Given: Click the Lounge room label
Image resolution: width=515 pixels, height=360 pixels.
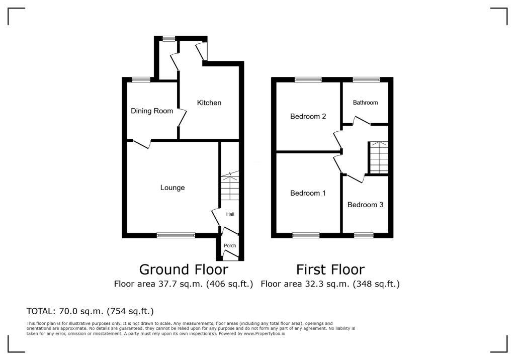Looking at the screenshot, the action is [173, 188].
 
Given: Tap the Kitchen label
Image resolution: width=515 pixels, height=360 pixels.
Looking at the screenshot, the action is [209, 103].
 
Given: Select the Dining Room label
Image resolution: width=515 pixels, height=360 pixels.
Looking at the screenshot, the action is [152, 111].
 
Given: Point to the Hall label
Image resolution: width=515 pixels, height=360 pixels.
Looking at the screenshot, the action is [230, 214].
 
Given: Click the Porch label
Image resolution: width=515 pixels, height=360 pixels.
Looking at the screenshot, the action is [230, 245].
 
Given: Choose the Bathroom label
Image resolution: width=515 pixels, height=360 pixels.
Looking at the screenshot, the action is [365, 103].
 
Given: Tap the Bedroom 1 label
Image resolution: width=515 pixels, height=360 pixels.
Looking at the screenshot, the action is [308, 193].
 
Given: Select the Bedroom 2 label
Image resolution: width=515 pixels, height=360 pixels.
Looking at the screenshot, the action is [308, 116].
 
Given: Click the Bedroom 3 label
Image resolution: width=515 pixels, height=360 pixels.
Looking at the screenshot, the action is [365, 205].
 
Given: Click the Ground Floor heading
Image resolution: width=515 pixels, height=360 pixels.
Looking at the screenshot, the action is [184, 269].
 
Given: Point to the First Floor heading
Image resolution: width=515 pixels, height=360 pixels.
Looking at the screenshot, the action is [330, 269].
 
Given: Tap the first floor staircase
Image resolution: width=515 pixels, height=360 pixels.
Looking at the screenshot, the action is [379, 157].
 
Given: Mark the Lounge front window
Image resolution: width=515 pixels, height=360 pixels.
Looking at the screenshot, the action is [176, 235].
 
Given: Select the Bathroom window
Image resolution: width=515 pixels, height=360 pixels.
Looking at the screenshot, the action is [366, 79].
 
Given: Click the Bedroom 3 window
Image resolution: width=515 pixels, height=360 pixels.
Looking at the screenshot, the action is [364, 235].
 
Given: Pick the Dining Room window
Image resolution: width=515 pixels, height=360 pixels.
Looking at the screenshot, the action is [141, 79].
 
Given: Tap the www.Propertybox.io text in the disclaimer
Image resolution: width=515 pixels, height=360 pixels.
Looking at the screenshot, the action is [264, 333].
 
